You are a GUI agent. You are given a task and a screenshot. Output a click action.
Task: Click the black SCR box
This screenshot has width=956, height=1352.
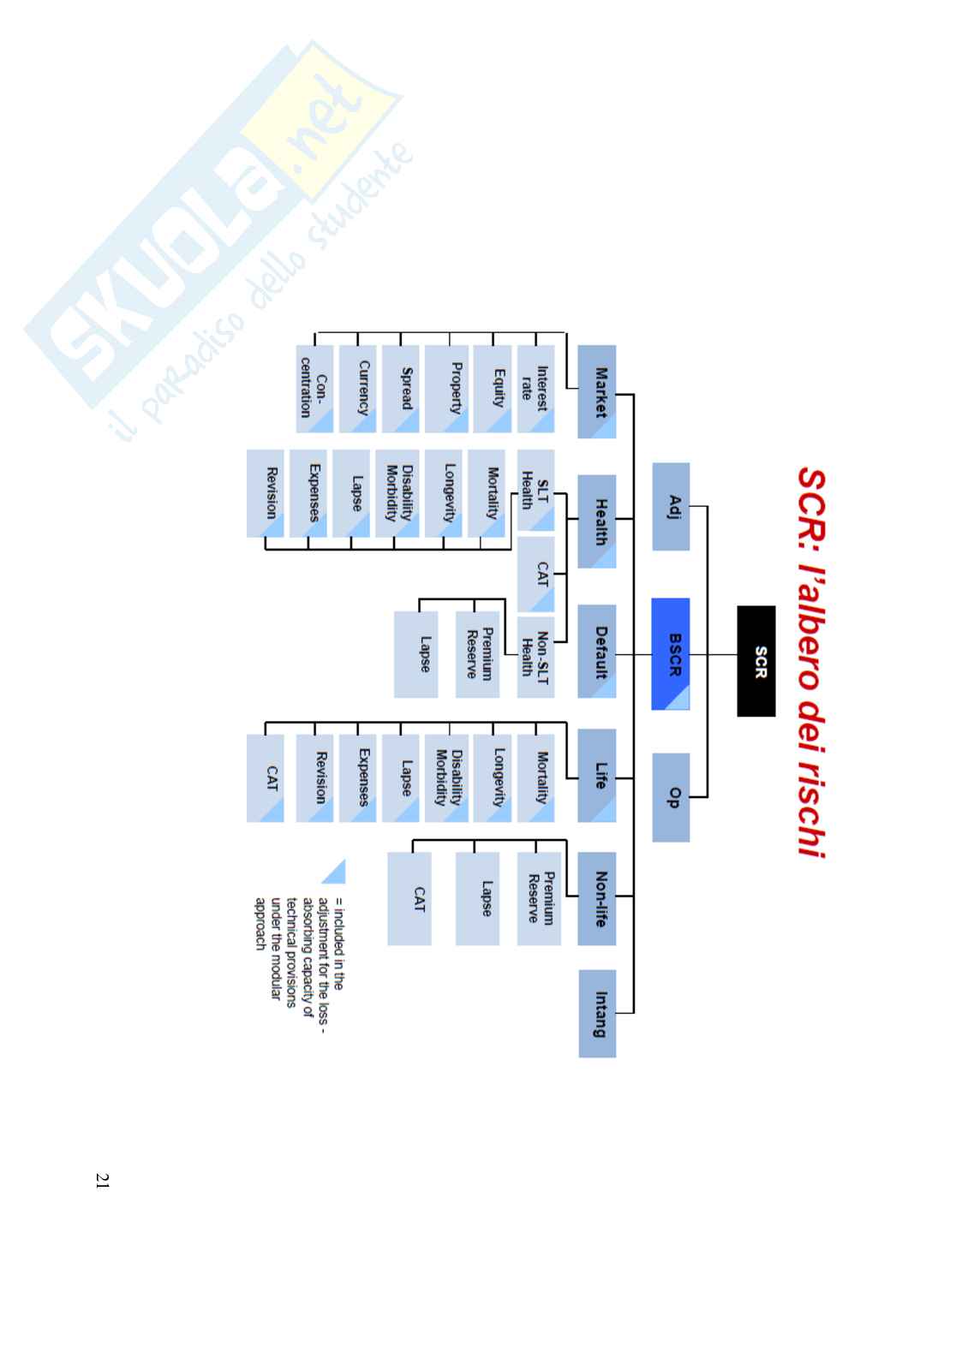[x=756, y=660]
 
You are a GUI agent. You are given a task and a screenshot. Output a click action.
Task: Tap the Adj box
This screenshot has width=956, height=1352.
[x=671, y=506]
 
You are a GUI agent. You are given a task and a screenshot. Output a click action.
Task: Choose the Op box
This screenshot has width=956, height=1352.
[x=671, y=796]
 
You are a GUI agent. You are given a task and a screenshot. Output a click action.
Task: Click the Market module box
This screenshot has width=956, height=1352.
[x=597, y=391]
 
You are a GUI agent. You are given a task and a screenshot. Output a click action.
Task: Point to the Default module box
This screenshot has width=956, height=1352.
[x=597, y=651]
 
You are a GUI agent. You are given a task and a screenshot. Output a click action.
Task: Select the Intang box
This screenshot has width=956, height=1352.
[x=597, y=1013]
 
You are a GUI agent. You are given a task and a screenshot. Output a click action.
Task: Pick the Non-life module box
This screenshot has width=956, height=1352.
[x=597, y=898]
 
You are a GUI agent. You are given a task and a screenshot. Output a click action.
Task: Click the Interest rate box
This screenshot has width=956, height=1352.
[x=535, y=388]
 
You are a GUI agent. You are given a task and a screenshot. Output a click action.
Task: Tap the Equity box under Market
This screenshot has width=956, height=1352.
[x=492, y=388]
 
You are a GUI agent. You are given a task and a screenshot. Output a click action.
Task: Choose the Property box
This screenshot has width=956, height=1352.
[x=446, y=388]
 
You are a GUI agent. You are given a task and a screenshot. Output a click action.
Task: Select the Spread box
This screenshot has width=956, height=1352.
[x=401, y=388]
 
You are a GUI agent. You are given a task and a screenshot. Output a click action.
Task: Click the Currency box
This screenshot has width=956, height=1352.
[x=357, y=388]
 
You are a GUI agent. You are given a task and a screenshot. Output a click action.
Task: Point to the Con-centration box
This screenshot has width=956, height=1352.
[x=314, y=388]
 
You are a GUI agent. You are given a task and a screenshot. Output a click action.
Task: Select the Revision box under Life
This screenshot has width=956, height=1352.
[x=314, y=777]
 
